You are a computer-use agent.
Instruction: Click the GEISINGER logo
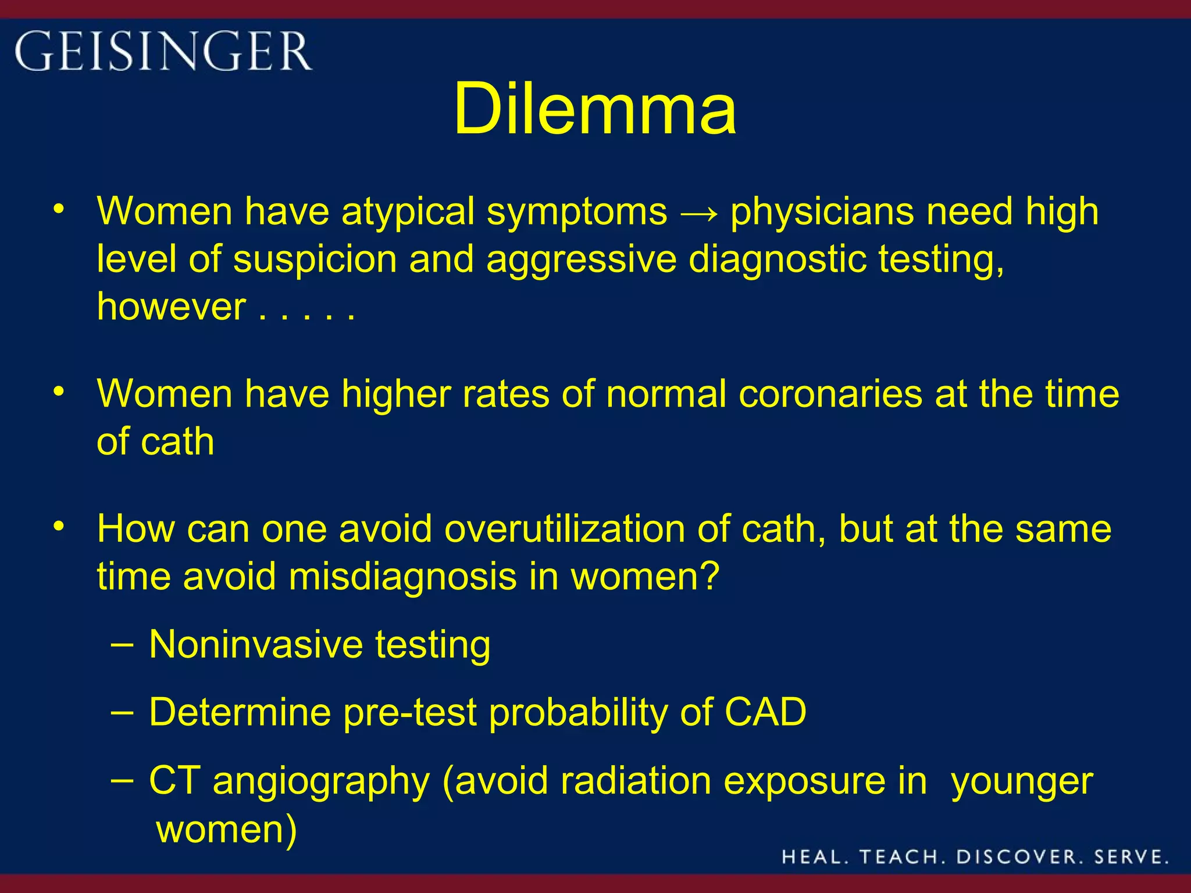pos(163,52)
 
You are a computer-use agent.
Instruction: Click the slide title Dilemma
pos(595,109)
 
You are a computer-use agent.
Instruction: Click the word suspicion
pos(315,259)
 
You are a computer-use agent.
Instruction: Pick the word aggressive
pos(581,260)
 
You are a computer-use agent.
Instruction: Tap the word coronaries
pos(830,394)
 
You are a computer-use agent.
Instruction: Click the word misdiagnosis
pos(402,577)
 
